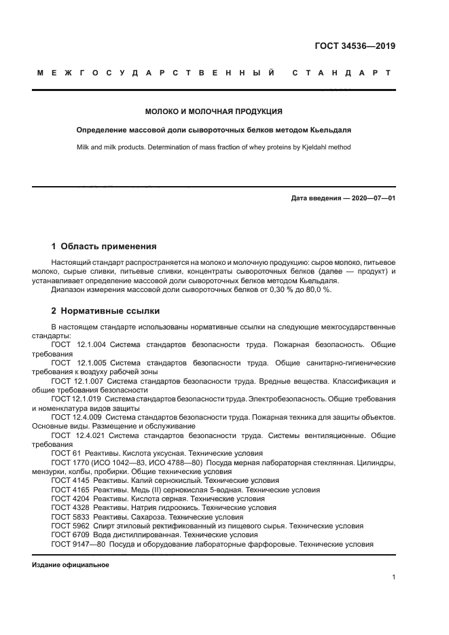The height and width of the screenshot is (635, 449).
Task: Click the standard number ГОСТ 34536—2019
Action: [355, 47]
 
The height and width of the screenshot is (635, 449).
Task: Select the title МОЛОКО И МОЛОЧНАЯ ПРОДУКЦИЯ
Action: [214, 111]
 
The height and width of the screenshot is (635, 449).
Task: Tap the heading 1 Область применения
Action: [104, 247]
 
